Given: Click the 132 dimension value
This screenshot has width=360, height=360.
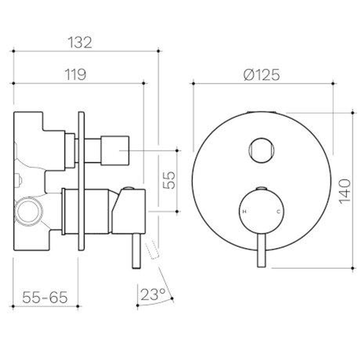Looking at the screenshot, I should pyautogui.click(x=80, y=42).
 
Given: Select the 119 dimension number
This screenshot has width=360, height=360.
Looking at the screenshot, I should pyautogui.click(x=75, y=74).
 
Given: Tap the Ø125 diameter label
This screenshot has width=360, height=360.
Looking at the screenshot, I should pyautogui.click(x=262, y=75).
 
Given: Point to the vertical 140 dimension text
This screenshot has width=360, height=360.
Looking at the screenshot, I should pyautogui.click(x=345, y=191).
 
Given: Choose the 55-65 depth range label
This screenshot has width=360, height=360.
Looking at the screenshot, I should pyautogui.click(x=45, y=297).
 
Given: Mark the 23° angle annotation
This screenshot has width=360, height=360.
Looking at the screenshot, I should pyautogui.click(x=153, y=295).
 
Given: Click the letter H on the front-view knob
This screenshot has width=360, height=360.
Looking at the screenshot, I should pyautogui.click(x=245, y=212).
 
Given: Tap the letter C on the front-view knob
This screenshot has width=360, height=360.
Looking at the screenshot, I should pyautogui.click(x=278, y=212).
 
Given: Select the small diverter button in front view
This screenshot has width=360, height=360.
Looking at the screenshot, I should pyautogui.click(x=261, y=150).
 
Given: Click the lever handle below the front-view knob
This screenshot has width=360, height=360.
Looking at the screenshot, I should pyautogui.click(x=262, y=250).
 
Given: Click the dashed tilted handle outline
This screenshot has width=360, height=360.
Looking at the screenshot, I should pyautogui.click(x=152, y=251).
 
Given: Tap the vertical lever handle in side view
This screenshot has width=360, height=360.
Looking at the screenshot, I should pyautogui.click(x=136, y=251).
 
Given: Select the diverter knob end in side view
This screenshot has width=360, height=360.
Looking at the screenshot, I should pyautogui.click(x=115, y=150).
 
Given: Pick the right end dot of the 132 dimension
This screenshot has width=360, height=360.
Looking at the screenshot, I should pyautogui.click(x=159, y=51).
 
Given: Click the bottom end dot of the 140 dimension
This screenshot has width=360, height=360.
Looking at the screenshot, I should pyautogui.click(x=353, y=268).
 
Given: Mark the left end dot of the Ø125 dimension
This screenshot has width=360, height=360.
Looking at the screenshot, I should pyautogui.click(x=193, y=83).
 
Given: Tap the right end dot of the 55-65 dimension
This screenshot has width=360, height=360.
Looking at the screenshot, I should pyautogui.click(x=78, y=306).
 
